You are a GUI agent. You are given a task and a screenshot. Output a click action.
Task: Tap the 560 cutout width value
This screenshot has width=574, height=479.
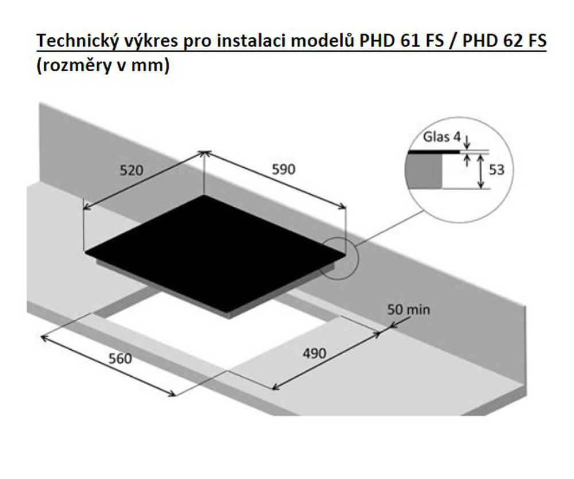120,359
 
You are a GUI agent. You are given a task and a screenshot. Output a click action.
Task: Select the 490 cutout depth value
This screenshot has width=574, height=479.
314,353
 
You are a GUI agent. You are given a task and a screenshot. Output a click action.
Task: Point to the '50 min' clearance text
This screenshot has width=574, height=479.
408,310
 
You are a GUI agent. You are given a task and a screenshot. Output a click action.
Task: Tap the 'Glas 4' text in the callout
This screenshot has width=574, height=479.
443,138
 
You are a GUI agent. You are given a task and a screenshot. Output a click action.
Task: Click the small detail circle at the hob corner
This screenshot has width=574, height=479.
339,257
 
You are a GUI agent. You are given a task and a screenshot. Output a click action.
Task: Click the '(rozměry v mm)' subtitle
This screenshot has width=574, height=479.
103,66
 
